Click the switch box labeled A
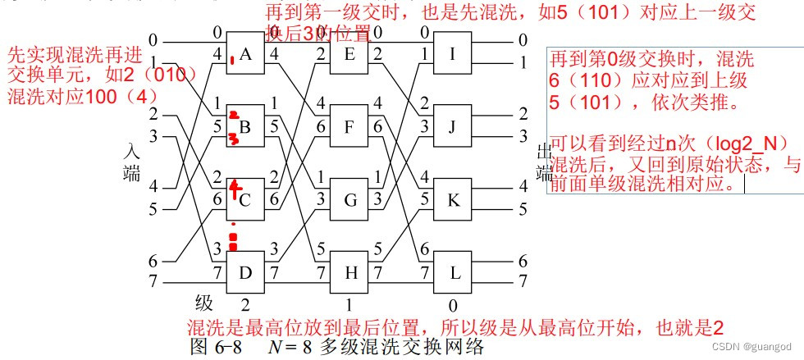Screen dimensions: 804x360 coord(245,55)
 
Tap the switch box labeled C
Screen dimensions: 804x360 coord(245,198)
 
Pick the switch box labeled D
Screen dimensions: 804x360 coord(245,270)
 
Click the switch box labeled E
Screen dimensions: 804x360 coord(348,55)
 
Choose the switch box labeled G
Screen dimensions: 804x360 coord(348,198)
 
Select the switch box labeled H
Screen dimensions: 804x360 coord(348,270)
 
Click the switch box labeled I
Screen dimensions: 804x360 coord(451,55)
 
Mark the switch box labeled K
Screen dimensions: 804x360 coord(451,198)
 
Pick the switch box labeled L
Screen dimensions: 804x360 coord(451,270)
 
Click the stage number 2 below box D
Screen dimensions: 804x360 coord(245,303)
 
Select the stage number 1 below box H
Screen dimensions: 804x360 coord(348,303)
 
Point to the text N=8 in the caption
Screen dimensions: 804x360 coord(295,346)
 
